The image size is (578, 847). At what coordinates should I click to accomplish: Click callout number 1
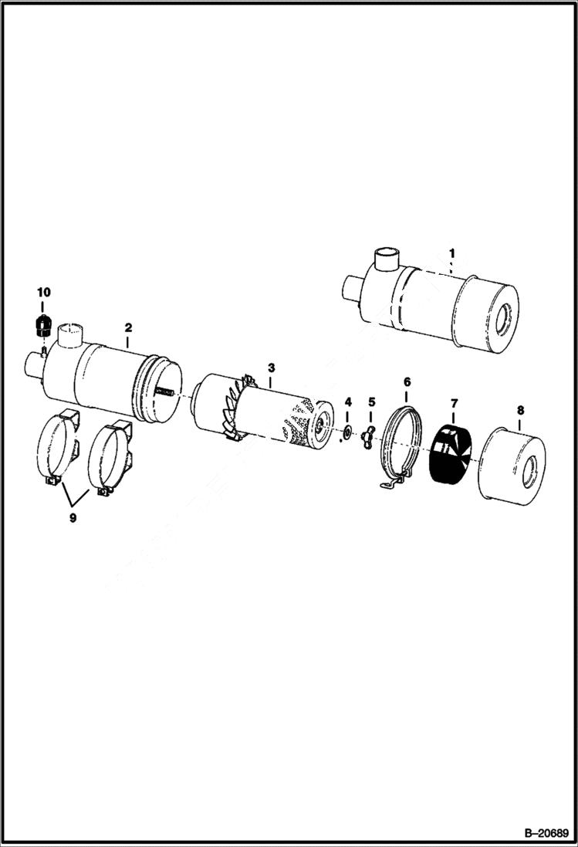pos(452,252)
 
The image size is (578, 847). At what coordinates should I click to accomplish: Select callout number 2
pos(128,327)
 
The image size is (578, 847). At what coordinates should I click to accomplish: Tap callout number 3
pos(271,365)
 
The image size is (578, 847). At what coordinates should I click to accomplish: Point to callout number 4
pos(348,401)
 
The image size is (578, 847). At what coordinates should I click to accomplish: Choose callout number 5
pos(371,401)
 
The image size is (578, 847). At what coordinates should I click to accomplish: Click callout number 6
pos(407,381)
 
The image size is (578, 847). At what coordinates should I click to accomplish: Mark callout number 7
pos(455,403)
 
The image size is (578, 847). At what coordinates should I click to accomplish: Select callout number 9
pos(73,518)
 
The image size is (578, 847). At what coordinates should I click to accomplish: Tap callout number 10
pos(43,292)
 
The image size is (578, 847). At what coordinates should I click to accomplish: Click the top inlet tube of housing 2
pos(70,335)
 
